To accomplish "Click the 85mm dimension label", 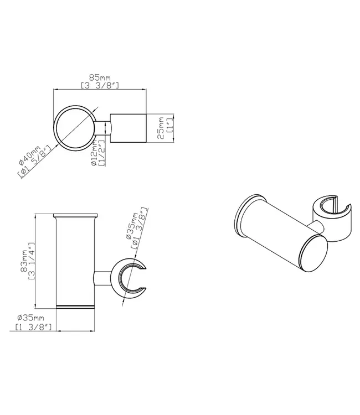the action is pos(100,78).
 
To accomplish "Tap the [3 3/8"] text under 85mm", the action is pos(100,85).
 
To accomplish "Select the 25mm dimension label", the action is pos(161,128).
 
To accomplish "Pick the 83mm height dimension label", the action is pos(24,261).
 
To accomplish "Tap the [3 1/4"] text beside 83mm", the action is pos(32,261).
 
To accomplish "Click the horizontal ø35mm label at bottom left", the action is pos(30,318).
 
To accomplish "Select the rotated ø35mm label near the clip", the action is pos(132,226).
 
